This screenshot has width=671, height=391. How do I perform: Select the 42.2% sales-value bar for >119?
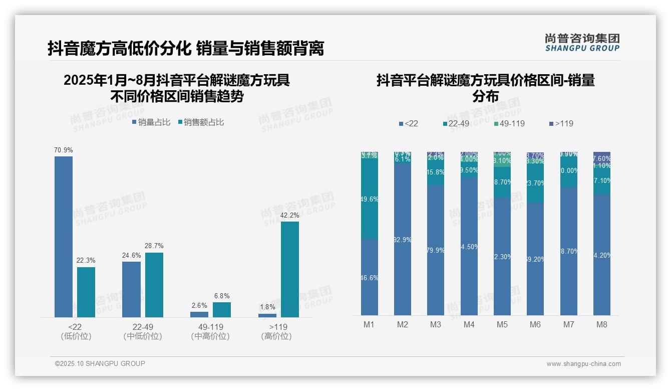tap(290, 269)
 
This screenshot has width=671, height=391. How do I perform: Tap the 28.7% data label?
tap(154, 246)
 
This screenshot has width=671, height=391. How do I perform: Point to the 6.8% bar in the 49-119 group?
tap(222, 310)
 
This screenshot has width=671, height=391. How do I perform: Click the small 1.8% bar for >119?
tap(267, 315)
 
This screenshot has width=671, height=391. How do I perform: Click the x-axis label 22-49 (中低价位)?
tap(143, 331)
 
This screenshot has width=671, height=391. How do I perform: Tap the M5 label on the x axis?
tap(502, 325)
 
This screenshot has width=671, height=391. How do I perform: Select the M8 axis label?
tap(602, 325)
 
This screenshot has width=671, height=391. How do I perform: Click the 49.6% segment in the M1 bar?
tap(369, 199)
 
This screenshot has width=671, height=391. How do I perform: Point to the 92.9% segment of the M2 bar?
tap(402, 240)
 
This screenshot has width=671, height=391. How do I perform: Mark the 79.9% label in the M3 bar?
tap(436, 250)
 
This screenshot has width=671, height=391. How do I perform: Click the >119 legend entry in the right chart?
tap(561, 123)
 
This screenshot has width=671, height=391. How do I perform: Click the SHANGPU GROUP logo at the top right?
tap(582, 43)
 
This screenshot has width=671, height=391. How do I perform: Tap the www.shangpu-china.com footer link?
tap(583, 364)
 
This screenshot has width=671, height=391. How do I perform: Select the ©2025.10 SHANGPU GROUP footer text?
tap(100, 364)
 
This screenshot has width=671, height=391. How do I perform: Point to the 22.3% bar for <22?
tap(86, 292)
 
